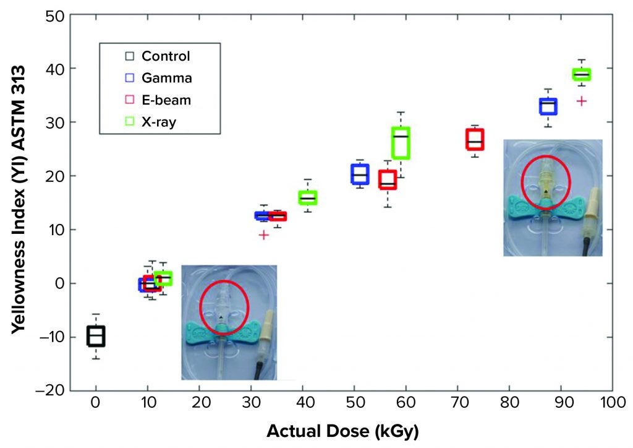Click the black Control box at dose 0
[x=96, y=336]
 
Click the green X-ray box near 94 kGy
[x=581, y=74]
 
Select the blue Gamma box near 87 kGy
[x=548, y=106]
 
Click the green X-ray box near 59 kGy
[x=401, y=143]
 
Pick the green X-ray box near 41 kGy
[x=308, y=197]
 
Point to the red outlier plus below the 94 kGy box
[x=581, y=101]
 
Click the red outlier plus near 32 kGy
[x=264, y=235]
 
